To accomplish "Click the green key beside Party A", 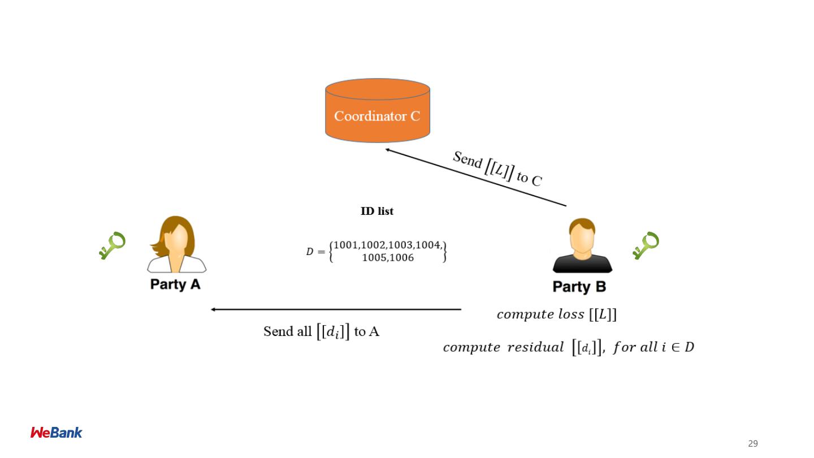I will (x=112, y=245).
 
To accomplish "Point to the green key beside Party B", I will (x=646, y=245).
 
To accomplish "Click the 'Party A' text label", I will (x=175, y=284).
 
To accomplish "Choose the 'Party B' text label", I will (x=579, y=287).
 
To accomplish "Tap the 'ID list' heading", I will (x=377, y=211).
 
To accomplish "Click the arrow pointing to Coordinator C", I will (x=475, y=177).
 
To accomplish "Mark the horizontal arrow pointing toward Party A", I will (x=336, y=309).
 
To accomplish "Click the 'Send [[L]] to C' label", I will (x=497, y=168).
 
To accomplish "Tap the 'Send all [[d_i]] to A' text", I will (x=321, y=331).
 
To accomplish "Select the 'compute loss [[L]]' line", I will (x=556, y=315).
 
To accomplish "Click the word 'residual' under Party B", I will (x=535, y=348).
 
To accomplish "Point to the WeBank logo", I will (x=56, y=433).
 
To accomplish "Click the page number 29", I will (x=752, y=444).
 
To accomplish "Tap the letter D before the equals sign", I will (x=309, y=252).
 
